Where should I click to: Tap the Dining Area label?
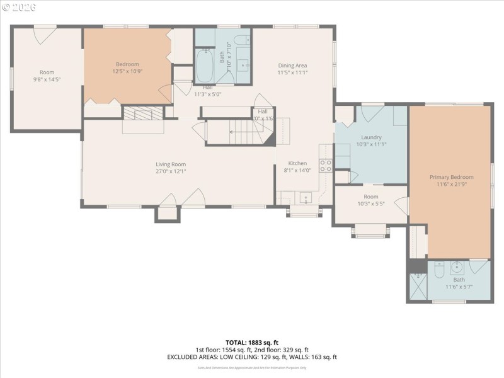(292, 65)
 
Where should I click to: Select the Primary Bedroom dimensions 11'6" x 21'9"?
(450, 185)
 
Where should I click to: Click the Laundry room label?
(371, 137)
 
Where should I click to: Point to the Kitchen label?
(297, 163)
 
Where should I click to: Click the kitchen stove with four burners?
(326, 166)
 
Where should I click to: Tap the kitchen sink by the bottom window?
(306, 198)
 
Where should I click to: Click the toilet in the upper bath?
(241, 42)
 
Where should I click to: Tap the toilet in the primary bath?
(439, 266)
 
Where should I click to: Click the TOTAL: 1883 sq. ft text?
(251, 343)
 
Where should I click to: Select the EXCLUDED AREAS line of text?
(251, 357)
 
